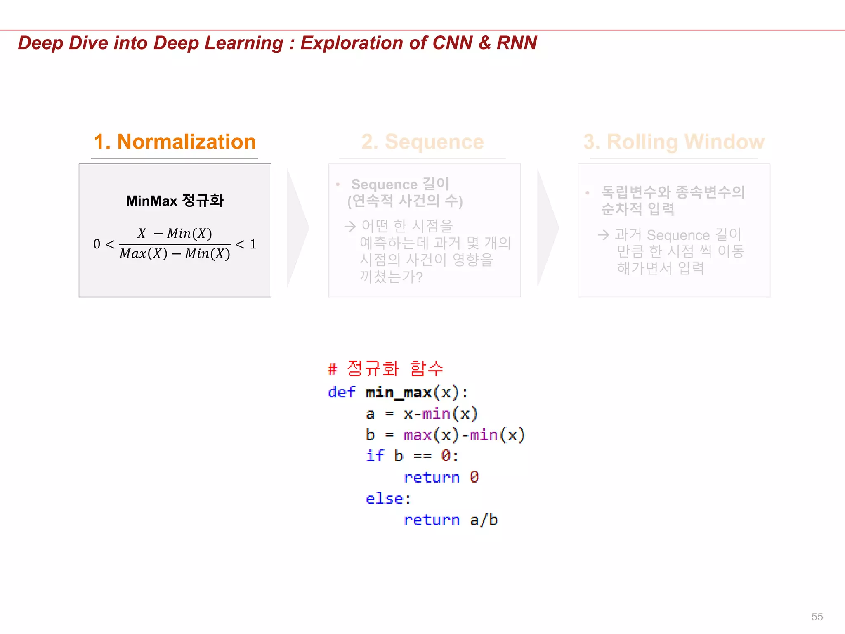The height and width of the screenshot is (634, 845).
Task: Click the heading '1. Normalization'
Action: (175, 142)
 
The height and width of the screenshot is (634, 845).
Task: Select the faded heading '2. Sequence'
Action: (422, 142)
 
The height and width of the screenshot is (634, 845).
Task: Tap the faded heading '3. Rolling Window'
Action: (674, 142)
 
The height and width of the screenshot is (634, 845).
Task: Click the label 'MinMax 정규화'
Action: (175, 201)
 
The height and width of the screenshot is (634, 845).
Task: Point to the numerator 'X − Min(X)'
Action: (175, 234)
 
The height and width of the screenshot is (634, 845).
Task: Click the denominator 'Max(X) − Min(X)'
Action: (175, 253)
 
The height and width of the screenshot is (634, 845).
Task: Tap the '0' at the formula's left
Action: (97, 244)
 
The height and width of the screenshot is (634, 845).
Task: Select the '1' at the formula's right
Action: (253, 244)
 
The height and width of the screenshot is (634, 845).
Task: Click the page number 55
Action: (817, 617)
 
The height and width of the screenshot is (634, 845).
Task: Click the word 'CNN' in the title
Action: (452, 43)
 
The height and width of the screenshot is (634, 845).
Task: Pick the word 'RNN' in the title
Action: (517, 43)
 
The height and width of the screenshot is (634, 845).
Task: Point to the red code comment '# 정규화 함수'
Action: (385, 368)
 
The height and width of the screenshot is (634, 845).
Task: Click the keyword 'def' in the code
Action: (341, 392)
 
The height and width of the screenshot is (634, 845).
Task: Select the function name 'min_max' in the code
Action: (398, 393)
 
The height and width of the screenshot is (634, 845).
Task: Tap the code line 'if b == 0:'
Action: (412, 456)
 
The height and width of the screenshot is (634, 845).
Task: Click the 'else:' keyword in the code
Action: (388, 499)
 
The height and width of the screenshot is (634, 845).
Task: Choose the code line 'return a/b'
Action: (451, 520)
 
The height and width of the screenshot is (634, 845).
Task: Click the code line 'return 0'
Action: (441, 478)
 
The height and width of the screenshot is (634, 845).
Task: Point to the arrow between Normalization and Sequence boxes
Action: (297, 227)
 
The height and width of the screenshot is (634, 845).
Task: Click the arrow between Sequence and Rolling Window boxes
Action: (548, 227)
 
